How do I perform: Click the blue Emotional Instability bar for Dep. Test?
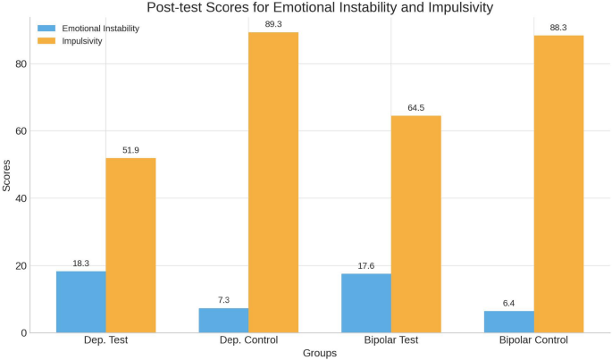pyautogui.click(x=81, y=302)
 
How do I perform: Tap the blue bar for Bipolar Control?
pyautogui.click(x=508, y=322)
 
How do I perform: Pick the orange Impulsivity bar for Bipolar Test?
pyautogui.click(x=416, y=224)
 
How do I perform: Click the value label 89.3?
pyautogui.click(x=273, y=23)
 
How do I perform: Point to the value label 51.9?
pyautogui.click(x=130, y=150)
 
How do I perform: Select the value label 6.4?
pyautogui.click(x=508, y=303)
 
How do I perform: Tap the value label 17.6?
pyautogui.click(x=366, y=264)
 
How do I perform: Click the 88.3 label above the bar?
pyautogui.click(x=558, y=27)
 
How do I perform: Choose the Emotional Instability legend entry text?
pyautogui.click(x=100, y=29)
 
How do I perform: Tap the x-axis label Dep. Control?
pyautogui.click(x=248, y=340)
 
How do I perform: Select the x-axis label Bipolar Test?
pyautogui.click(x=391, y=340)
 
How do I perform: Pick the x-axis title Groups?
pyautogui.click(x=319, y=353)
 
